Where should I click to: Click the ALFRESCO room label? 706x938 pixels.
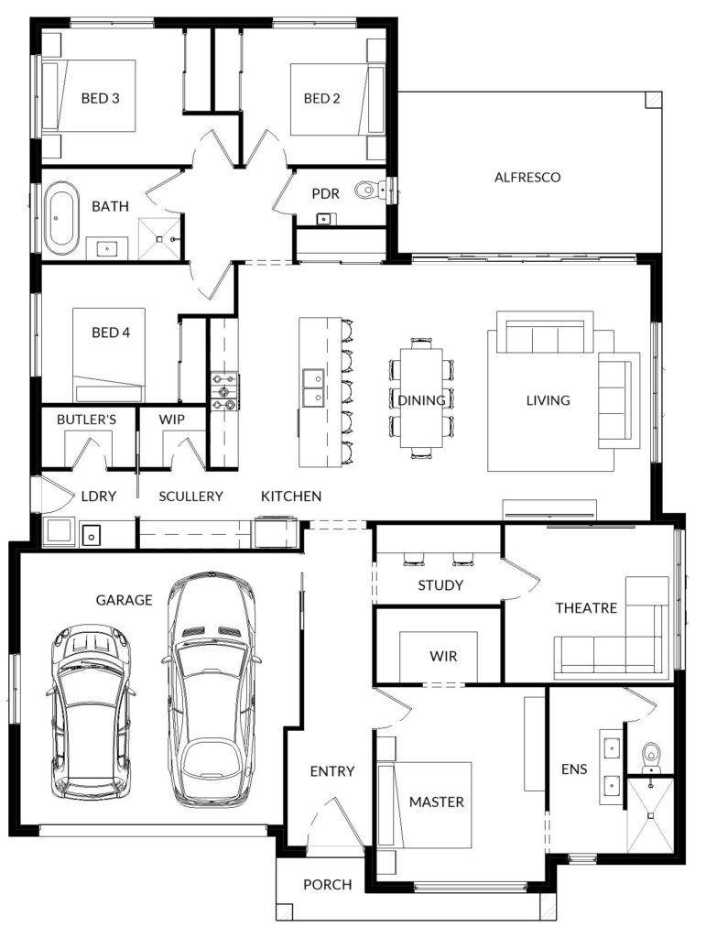click(x=527, y=177)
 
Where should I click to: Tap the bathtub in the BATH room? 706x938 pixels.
click(x=60, y=216)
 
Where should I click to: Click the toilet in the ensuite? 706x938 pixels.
click(x=650, y=758)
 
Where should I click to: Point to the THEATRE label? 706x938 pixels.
click(x=586, y=608)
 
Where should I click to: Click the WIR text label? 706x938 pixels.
click(x=443, y=656)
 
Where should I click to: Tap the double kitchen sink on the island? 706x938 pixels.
click(x=313, y=387)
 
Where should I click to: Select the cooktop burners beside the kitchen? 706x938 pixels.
click(x=224, y=391)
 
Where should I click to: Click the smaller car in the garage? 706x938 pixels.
click(x=89, y=712)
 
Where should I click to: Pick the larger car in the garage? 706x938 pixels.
click(x=211, y=690)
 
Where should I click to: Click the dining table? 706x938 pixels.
click(x=421, y=398)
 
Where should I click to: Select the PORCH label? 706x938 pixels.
click(x=328, y=884)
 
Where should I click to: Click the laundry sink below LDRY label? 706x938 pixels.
click(x=91, y=534)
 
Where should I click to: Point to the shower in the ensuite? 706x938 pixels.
click(x=650, y=814)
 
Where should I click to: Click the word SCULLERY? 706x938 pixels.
click(x=190, y=496)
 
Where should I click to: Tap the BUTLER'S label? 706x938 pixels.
click(x=87, y=420)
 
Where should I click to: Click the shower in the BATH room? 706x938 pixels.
click(x=159, y=239)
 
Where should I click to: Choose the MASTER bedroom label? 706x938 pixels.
click(x=437, y=802)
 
